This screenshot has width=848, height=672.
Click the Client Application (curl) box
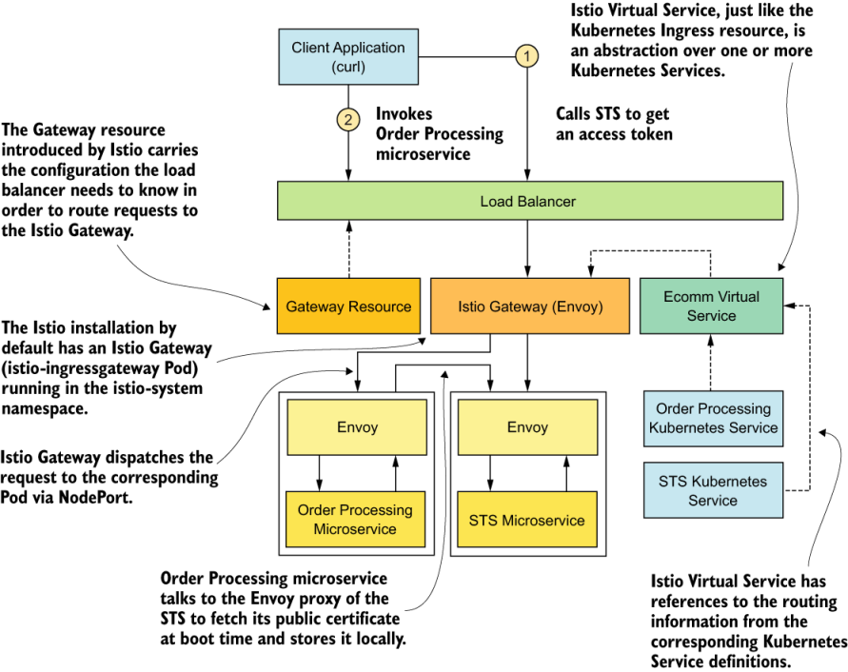(x=347, y=57)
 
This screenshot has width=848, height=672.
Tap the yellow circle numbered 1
(x=526, y=56)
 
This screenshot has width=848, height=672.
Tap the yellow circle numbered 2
(x=348, y=120)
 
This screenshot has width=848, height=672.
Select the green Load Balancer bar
(x=529, y=202)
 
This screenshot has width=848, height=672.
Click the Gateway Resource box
(x=348, y=306)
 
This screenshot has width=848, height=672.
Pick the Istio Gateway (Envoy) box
(x=529, y=306)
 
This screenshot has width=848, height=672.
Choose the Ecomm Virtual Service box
(x=711, y=306)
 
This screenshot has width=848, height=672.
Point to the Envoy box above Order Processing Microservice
(x=357, y=427)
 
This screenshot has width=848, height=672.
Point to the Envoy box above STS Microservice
(x=527, y=427)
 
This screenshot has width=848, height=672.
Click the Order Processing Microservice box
(x=355, y=519)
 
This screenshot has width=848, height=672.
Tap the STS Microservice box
(x=527, y=521)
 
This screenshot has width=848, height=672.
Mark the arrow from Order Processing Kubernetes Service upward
(x=711, y=363)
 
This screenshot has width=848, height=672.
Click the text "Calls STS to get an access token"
(x=614, y=124)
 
